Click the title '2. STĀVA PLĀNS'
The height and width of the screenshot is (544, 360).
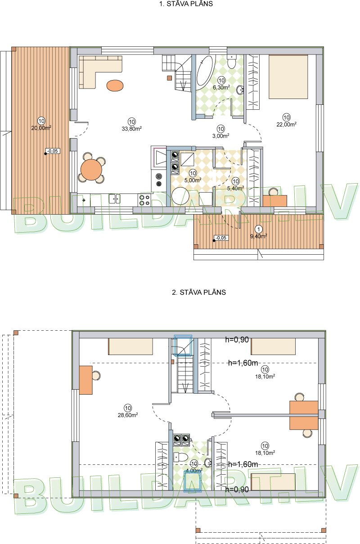[x=198, y=292]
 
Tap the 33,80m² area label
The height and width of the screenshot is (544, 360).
[x=131, y=128]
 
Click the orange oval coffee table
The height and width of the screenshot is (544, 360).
[x=115, y=85]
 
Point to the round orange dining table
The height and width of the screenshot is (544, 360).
[x=91, y=170]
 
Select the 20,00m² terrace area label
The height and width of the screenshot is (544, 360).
[x=41, y=127]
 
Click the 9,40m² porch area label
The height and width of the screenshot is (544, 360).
[x=258, y=235]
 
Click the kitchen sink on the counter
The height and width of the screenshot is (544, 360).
[x=114, y=198]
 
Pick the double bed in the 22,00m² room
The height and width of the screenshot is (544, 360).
[x=288, y=76]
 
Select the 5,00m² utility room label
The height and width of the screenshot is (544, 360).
[x=193, y=180]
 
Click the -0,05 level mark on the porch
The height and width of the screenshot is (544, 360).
[x=220, y=238]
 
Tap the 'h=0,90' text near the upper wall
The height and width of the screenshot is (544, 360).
[x=237, y=340]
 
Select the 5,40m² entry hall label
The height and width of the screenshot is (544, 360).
[x=235, y=188]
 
